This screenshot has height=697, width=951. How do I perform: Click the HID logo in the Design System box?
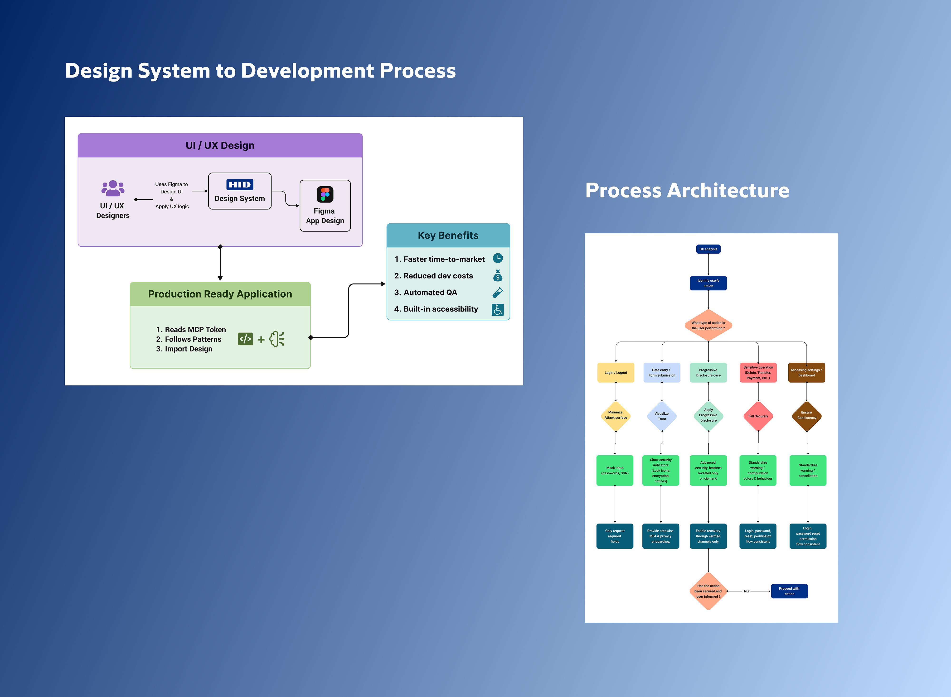pyautogui.click(x=240, y=184)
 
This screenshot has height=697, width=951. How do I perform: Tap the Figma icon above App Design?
pyautogui.click(x=325, y=194)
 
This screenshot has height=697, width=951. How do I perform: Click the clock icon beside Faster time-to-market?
pyautogui.click(x=498, y=258)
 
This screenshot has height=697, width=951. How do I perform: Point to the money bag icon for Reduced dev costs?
pyautogui.click(x=498, y=275)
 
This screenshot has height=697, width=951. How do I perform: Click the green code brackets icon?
pyautogui.click(x=245, y=339)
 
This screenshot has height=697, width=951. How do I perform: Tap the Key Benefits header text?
pyautogui.click(x=448, y=236)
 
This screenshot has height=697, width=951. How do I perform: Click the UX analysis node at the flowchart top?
pyautogui.click(x=708, y=249)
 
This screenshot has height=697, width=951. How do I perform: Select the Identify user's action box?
pyautogui.click(x=708, y=283)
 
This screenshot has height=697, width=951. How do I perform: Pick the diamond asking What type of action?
pyautogui.click(x=708, y=325)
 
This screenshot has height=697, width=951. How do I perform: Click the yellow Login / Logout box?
pyautogui.click(x=616, y=373)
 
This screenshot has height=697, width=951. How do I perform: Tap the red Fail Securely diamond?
pyautogui.click(x=758, y=416)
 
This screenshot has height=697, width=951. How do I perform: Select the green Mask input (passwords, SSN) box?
pyautogui.click(x=615, y=471)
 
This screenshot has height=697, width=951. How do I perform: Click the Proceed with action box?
pyautogui.click(x=789, y=591)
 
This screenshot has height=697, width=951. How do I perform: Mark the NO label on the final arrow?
pyautogui.click(x=746, y=591)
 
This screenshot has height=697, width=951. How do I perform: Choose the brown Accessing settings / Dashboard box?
pyautogui.click(x=806, y=373)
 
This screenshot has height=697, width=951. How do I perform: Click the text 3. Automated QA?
pyautogui.click(x=426, y=292)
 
